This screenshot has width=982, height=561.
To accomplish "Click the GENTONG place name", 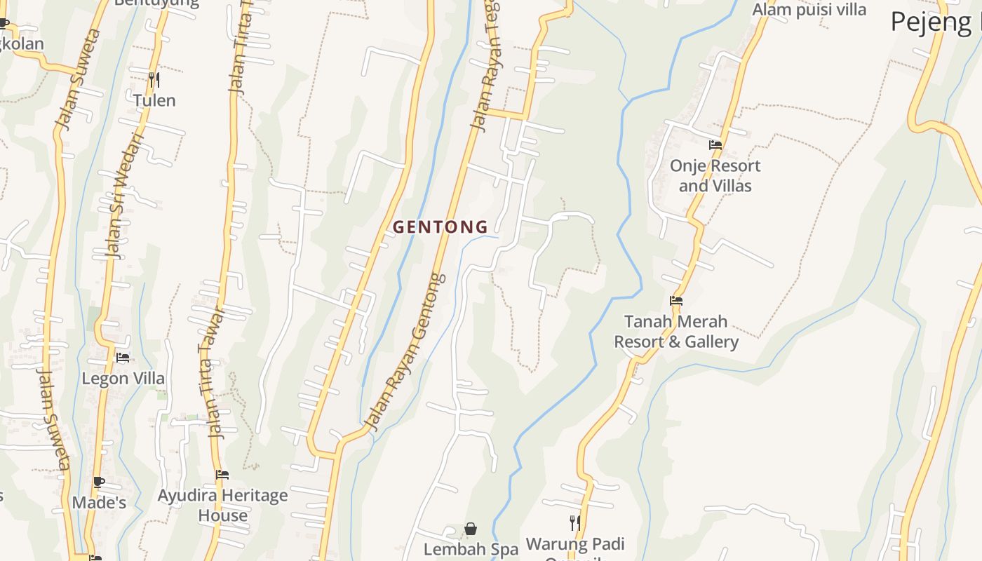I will [x=440, y=227].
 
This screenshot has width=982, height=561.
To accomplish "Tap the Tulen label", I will [x=154, y=100].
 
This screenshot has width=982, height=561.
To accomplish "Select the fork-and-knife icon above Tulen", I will [x=154, y=79].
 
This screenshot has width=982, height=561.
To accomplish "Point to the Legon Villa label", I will [x=123, y=379].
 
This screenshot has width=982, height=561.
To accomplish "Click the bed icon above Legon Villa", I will [x=123, y=358].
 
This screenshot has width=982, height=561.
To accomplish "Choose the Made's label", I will [x=99, y=503].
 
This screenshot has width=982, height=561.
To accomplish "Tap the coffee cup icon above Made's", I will [x=99, y=482].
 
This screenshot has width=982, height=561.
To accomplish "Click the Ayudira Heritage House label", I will [x=222, y=505].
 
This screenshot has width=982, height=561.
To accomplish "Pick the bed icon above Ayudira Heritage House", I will [x=222, y=475].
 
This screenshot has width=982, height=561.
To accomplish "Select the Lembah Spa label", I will [x=471, y=549].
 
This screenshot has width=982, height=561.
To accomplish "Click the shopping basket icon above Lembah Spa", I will [x=471, y=529].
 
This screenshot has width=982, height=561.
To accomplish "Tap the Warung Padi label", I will [x=575, y=544].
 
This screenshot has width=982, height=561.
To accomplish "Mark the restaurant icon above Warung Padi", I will [x=574, y=522].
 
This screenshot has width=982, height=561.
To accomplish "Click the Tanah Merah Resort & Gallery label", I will [x=676, y=332].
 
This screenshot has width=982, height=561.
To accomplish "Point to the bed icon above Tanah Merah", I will [x=676, y=301].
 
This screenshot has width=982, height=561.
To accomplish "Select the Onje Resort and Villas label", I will [x=715, y=176].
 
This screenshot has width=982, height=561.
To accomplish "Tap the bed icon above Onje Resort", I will [x=715, y=145].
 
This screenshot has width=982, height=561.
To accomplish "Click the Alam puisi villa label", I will [x=809, y=10].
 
